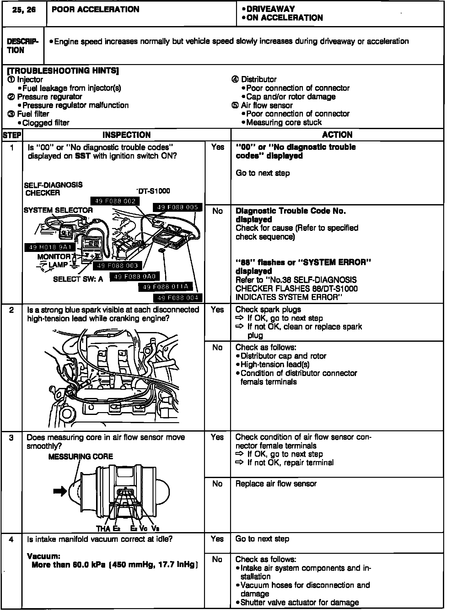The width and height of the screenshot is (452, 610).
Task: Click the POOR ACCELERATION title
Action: (x=95, y=10)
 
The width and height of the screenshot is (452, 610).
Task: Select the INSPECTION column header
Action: (x=126, y=135)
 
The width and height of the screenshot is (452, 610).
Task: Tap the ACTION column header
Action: (x=337, y=135)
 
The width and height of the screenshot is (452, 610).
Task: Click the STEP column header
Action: (x=12, y=135)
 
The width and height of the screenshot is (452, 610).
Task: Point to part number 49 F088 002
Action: (x=115, y=201)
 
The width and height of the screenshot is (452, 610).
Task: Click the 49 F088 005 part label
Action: (x=177, y=207)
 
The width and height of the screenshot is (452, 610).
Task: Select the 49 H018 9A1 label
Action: (x=50, y=247)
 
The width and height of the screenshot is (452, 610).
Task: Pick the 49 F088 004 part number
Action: (x=177, y=298)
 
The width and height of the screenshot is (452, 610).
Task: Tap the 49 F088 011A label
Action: (x=165, y=286)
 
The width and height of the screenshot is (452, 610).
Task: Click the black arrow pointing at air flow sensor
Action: (x=60, y=491)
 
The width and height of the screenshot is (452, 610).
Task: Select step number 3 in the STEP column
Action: (x=12, y=438)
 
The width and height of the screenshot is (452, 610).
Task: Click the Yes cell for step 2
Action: (x=218, y=310)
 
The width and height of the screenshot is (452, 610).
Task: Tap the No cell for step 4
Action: (x=217, y=559)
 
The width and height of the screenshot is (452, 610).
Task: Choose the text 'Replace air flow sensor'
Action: (x=276, y=484)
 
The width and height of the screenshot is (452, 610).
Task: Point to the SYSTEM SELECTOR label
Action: (x=58, y=210)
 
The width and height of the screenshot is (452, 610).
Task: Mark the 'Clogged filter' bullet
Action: (x=46, y=123)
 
